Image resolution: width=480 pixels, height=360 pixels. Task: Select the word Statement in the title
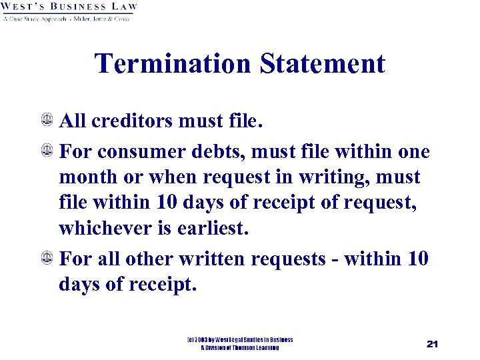323,64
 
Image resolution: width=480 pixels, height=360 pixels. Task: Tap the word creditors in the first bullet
133,122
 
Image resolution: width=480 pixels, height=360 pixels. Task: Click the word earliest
215,229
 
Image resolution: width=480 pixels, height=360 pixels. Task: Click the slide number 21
431,344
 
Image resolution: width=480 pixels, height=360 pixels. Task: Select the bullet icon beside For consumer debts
48,151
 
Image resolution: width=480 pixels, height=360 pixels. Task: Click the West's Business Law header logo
69,11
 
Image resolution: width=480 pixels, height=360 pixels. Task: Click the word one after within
414,151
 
